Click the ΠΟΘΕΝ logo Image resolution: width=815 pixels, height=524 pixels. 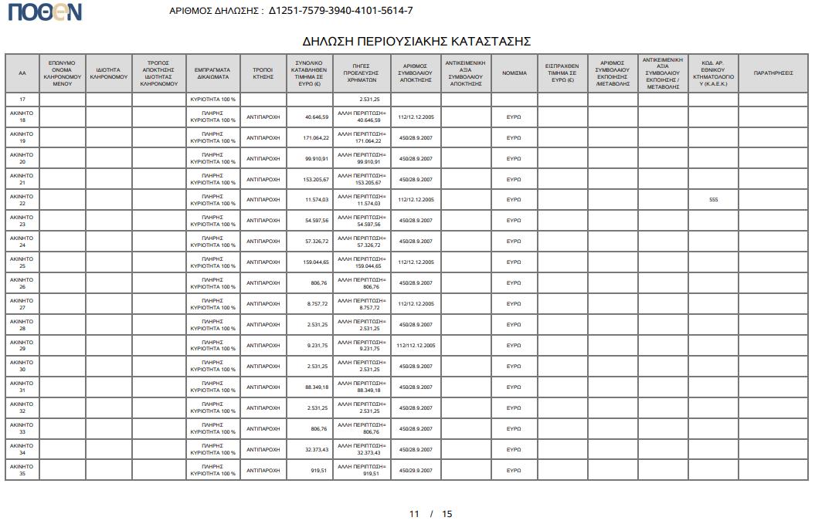[x=45, y=12]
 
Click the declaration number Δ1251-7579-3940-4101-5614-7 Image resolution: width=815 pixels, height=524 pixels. [x=341, y=11]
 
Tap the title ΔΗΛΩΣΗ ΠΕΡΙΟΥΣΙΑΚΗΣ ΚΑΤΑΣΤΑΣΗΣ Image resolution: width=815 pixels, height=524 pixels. [x=416, y=41]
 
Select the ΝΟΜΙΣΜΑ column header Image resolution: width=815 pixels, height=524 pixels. [x=514, y=73]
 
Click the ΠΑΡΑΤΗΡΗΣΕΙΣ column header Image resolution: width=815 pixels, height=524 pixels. [x=773, y=73]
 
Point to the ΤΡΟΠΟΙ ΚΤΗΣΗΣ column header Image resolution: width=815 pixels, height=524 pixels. [x=263, y=73]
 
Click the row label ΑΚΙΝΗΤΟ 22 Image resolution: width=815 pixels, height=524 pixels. [x=22, y=200]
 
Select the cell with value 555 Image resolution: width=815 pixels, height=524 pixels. [x=713, y=200]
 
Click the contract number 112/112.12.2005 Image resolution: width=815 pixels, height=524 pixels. [x=416, y=346]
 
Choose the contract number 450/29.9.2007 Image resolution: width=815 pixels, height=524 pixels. [x=416, y=470]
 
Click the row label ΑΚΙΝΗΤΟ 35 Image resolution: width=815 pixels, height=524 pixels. [x=22, y=470]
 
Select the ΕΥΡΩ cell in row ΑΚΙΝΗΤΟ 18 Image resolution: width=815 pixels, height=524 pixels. [x=514, y=117]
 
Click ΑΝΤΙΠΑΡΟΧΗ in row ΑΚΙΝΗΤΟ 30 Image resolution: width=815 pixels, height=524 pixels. [x=263, y=367]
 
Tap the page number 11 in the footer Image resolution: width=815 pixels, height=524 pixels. [x=414, y=514]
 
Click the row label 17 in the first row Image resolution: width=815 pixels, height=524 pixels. [x=22, y=100]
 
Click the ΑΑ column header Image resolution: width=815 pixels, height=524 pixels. [x=22, y=73]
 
